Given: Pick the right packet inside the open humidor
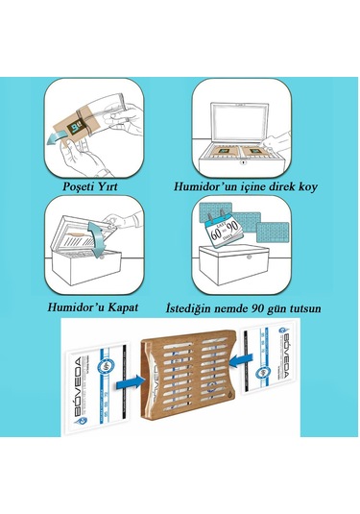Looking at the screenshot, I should click(x=266, y=150).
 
